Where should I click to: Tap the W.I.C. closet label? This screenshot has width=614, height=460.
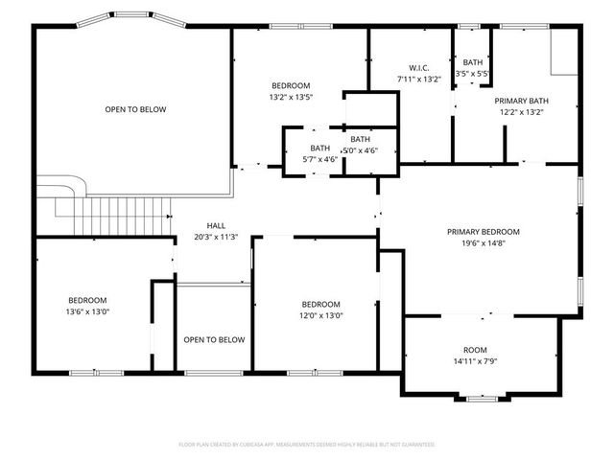tap(418, 68)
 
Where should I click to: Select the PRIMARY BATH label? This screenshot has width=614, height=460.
tap(521, 101)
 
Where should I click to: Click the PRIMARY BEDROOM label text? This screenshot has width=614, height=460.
tap(483, 232)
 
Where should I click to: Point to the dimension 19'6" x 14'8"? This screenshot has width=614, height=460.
tap(483, 243)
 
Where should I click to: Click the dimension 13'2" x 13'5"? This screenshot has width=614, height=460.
tap(292, 96)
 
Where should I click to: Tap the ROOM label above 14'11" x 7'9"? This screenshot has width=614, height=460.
tap(476, 351)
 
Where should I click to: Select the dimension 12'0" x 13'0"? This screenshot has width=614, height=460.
tap(320, 315)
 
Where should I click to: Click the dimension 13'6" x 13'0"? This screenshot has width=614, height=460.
tap(86, 311)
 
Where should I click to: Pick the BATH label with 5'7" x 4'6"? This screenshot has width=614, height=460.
tap(319, 148)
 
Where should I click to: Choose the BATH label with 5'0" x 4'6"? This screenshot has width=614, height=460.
tap(360, 139)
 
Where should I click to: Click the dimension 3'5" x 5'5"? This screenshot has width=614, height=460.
tap(473, 73)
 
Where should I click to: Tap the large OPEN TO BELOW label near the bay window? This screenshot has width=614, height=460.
tap(135, 109)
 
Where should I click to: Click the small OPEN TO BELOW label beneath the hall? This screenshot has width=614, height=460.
tap(214, 339)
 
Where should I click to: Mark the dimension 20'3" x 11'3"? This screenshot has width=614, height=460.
tap(215, 237)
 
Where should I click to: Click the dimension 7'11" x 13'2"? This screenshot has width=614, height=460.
tap(418, 79)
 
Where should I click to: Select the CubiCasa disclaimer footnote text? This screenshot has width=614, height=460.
tap(307, 445)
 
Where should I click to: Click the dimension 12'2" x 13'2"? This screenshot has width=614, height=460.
tap(521, 112)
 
